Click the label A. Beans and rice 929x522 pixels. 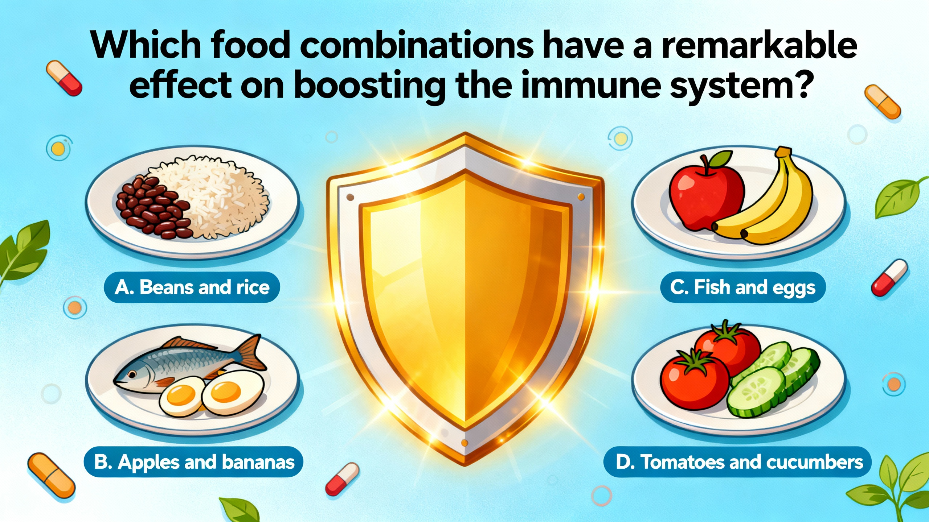[192, 287]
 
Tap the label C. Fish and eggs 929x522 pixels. [742, 287]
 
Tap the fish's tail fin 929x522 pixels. [250, 353]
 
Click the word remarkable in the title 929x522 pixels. [758, 47]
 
